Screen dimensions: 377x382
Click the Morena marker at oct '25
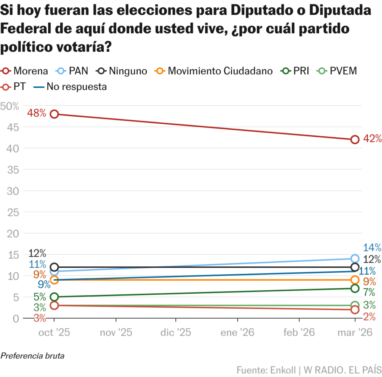tap(54, 114)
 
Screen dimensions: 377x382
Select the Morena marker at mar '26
tap(355, 140)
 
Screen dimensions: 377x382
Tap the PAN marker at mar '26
tap(355, 259)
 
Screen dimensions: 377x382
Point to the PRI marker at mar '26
tap(355, 288)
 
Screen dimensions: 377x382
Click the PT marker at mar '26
tap(355, 310)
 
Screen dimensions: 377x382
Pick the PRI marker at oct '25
tap(54, 297)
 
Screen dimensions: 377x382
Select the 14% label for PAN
tap(372, 247)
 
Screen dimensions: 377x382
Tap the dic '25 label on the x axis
tap(176, 333)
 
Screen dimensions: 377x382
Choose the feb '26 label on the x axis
tap(299, 333)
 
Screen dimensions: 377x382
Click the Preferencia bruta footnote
tap(32, 356)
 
